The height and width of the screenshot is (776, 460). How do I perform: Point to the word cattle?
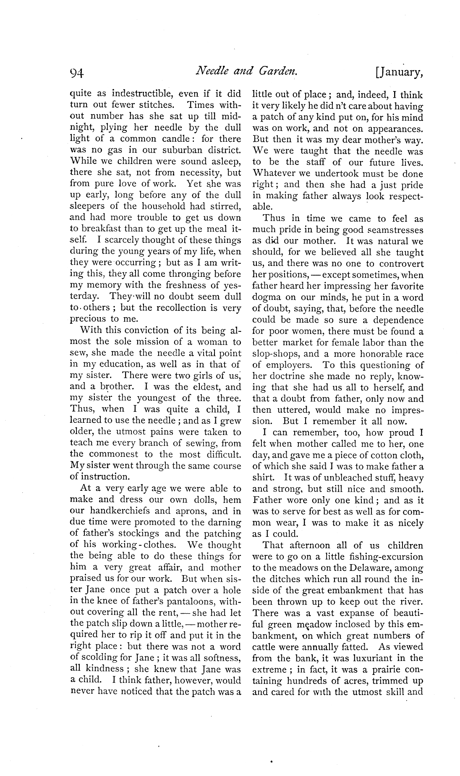[264, 647]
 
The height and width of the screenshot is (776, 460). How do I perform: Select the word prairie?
[373, 670]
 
